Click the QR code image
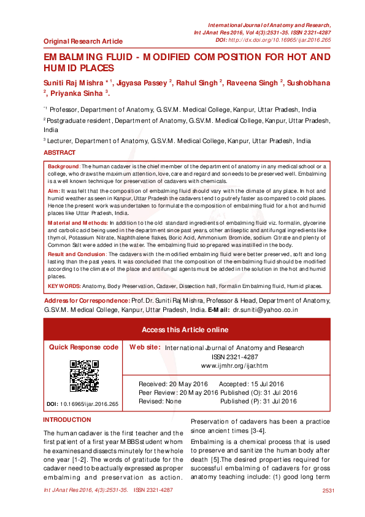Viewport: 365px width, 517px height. point(84,376)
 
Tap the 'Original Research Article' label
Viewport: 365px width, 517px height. point(83,41)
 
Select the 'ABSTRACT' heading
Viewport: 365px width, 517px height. point(60,152)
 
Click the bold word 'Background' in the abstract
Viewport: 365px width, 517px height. point(64,166)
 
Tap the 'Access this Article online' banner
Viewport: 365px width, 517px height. point(185,330)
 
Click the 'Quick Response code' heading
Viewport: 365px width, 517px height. point(84,347)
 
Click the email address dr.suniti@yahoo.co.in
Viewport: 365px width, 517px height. point(265,310)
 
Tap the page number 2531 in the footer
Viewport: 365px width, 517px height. point(328,491)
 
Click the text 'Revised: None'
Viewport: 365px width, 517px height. point(160,401)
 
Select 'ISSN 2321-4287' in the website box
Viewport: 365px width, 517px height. point(235,357)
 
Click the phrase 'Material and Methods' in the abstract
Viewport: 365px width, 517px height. point(77,222)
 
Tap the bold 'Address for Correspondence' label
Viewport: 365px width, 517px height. point(86,301)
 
